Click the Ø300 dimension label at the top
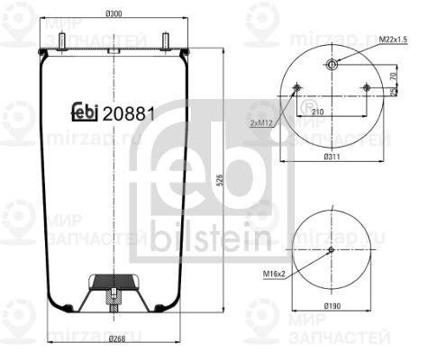113,13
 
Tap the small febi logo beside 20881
85,113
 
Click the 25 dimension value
394,92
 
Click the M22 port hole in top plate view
332,64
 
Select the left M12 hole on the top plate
298,87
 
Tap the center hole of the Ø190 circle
332,250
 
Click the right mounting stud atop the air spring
166,41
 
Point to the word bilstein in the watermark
211,238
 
